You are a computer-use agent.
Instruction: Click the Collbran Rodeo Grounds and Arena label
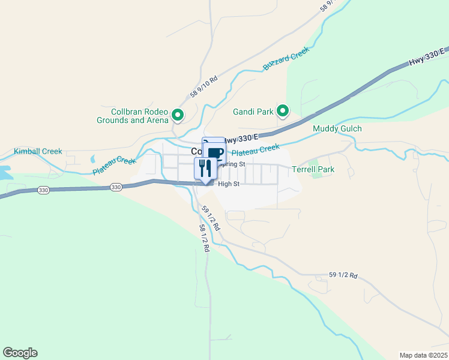pyautogui.click(x=132, y=116)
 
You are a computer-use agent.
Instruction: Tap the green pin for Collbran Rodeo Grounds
pyautogui.click(x=178, y=114)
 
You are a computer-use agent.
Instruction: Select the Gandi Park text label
pyautogui.click(x=253, y=111)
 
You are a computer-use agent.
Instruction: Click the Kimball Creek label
pyautogui.click(x=38, y=151)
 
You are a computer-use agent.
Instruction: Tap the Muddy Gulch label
pyautogui.click(x=337, y=129)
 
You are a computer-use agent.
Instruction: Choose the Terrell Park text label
pyautogui.click(x=313, y=170)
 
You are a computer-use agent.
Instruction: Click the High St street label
pyautogui.click(x=229, y=184)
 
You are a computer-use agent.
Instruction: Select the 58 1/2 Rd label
pyautogui.click(x=205, y=238)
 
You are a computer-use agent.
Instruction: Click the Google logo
pyautogui.click(x=20, y=353)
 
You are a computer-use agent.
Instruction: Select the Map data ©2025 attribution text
pyautogui.click(x=423, y=355)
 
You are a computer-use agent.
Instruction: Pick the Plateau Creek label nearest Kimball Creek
pyautogui.click(x=115, y=166)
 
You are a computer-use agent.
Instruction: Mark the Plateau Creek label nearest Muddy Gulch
pyautogui.click(x=256, y=149)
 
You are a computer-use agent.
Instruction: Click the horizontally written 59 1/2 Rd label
pyautogui.click(x=343, y=275)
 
